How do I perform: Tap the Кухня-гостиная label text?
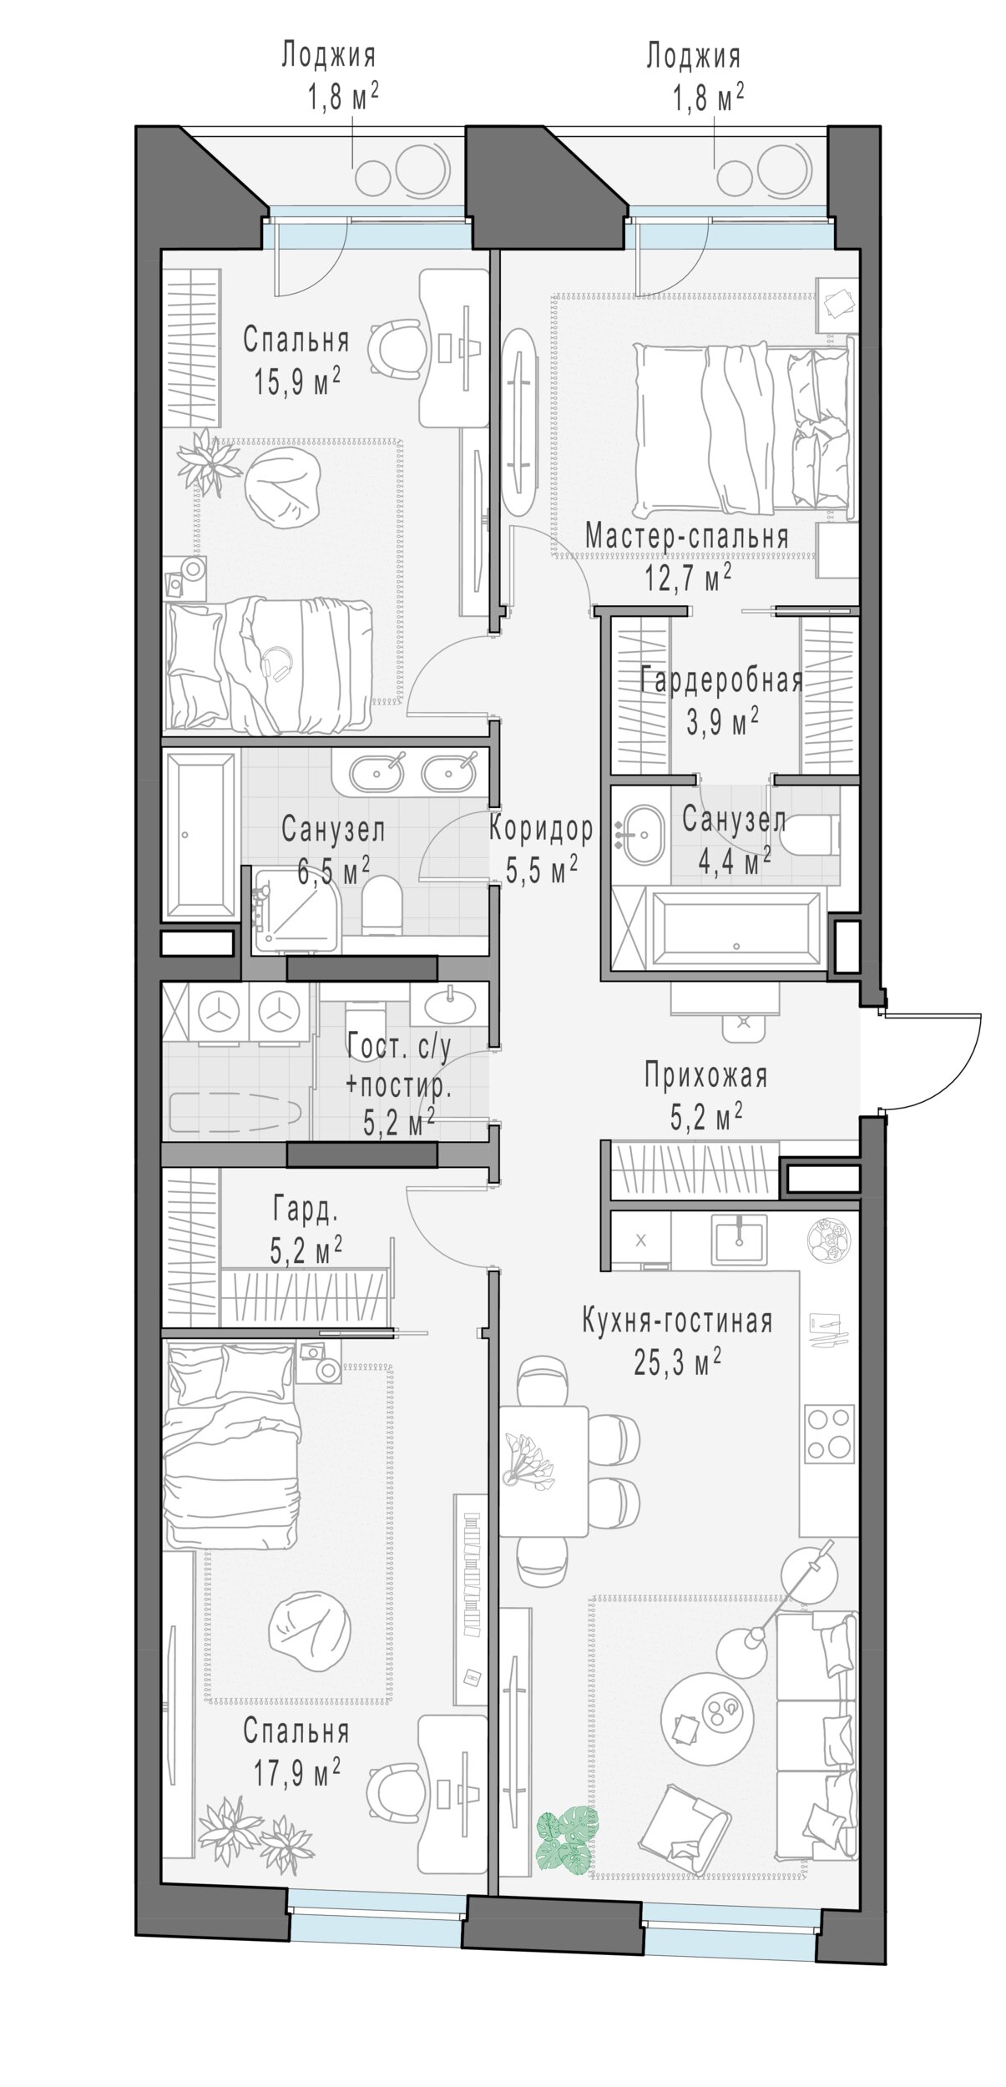click(676, 1321)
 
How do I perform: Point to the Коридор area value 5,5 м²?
click(542, 870)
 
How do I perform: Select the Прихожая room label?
click(705, 1076)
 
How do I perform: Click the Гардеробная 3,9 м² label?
click(722, 700)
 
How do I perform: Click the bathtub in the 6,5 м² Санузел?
click(201, 836)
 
